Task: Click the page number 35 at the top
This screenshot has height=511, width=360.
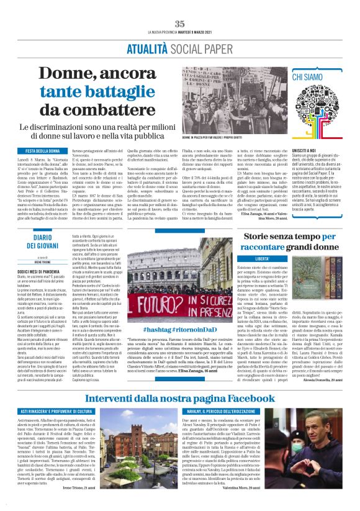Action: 180,24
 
